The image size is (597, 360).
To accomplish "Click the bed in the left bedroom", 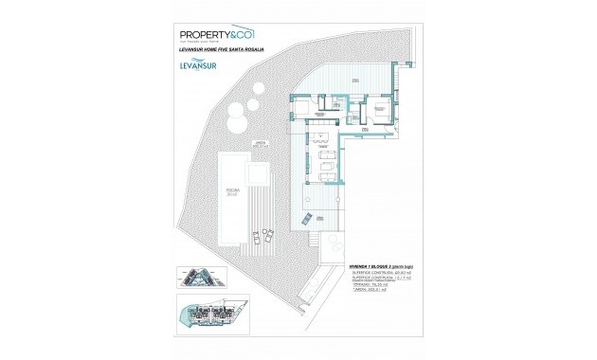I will pyautogui.click(x=310, y=113).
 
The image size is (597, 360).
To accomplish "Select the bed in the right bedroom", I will pyautogui.click(x=376, y=111).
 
